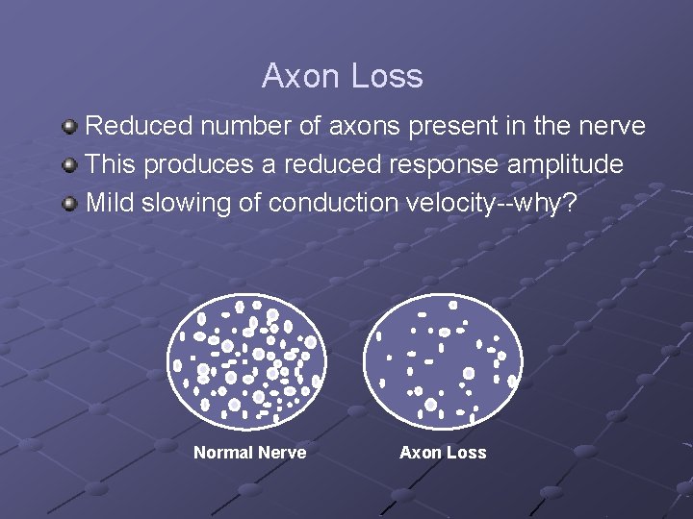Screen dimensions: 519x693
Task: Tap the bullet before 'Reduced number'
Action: pyautogui.click(x=69, y=127)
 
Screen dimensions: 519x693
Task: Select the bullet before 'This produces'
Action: pyautogui.click(x=69, y=165)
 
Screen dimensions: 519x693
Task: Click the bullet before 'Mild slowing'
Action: pyautogui.click(x=69, y=204)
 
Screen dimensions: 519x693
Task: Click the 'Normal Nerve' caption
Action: pyautogui.click(x=249, y=453)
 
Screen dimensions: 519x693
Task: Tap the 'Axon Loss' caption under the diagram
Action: pyautogui.click(x=443, y=453)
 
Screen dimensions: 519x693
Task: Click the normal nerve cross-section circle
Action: pyautogui.click(x=247, y=360)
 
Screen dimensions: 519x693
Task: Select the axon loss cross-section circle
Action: pyautogui.click(x=443, y=360)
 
